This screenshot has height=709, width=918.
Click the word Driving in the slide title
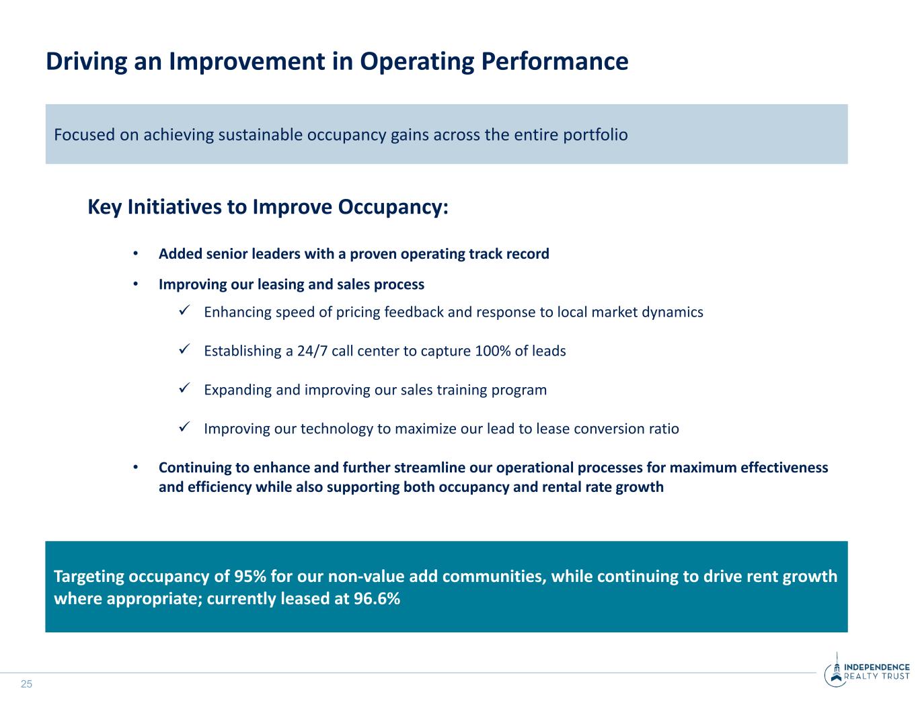(86, 62)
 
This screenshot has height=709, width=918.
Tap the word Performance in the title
(554, 61)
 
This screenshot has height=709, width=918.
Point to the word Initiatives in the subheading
(174, 207)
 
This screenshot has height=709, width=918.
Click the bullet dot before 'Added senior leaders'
(135, 253)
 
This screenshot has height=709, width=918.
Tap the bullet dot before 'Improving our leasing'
(135, 284)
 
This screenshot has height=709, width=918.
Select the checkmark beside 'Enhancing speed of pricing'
(184, 310)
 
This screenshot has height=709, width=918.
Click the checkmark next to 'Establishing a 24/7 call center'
(184, 349)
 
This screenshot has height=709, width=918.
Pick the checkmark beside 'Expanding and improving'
(184, 388)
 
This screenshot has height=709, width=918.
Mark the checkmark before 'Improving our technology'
(184, 427)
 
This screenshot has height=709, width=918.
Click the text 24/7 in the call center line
(312, 351)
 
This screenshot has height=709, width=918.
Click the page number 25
(26, 684)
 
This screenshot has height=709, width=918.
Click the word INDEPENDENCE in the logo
(876, 667)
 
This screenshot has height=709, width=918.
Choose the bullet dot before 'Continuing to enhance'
(135, 467)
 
